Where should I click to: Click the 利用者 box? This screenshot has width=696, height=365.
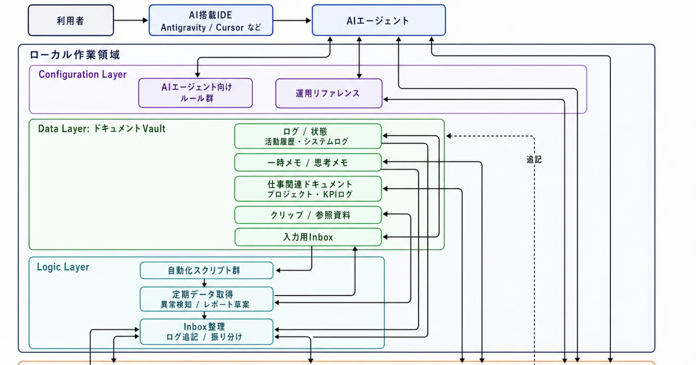tap(71, 20)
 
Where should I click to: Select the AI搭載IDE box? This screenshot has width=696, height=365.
tap(211, 20)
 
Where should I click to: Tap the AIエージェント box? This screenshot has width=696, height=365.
tap(379, 20)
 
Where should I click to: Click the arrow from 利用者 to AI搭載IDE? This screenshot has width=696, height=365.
tap(131, 21)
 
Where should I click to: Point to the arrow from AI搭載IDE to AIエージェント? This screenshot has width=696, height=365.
tap(292, 21)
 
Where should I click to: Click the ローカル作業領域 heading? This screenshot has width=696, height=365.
tap(75, 55)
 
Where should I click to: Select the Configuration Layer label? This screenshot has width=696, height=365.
tap(82, 74)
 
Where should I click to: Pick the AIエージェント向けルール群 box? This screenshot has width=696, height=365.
tap(196, 93)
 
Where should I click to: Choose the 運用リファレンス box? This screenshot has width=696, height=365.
tap(329, 93)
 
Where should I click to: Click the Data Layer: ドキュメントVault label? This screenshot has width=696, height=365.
tap(101, 129)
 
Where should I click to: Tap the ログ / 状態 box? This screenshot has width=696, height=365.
tap(308, 136)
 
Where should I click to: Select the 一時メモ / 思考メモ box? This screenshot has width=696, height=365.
tap(308, 162)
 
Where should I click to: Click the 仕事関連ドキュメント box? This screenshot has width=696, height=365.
tap(308, 189)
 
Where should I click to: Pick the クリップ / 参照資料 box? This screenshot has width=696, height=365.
tap(308, 215)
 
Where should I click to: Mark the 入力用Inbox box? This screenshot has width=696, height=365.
tap(308, 237)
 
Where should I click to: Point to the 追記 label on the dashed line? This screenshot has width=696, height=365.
tap(534, 160)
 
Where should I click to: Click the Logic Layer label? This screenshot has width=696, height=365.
tap(63, 267)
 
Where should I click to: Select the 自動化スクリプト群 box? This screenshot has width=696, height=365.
tap(207, 271)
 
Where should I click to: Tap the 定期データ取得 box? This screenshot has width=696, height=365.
tap(207, 299)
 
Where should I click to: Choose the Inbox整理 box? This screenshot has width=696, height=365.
tap(207, 332)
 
